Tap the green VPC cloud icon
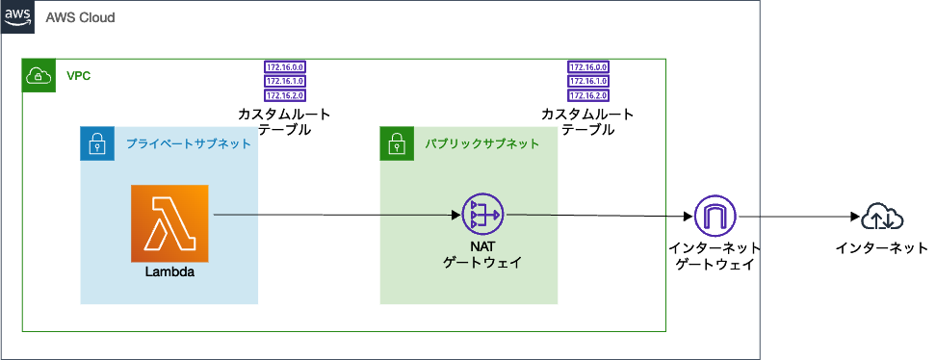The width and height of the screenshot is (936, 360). [39, 75]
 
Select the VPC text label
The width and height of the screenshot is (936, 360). [79, 75]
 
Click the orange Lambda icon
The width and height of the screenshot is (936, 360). [169, 223]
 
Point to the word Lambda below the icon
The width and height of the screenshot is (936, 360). [169, 272]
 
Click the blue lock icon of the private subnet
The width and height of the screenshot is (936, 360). [96, 143]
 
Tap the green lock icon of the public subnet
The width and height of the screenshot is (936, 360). [396, 144]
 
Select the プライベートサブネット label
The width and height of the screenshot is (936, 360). [189, 143]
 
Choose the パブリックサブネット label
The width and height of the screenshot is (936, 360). [482, 144]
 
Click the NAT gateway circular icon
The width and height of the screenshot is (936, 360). [482, 215]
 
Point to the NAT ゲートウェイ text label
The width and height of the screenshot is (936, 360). [482, 253]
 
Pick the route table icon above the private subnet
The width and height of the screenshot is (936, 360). [285, 82]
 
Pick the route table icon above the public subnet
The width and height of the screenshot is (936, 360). [588, 82]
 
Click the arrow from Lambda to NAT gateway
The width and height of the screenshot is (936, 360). [337, 215]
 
